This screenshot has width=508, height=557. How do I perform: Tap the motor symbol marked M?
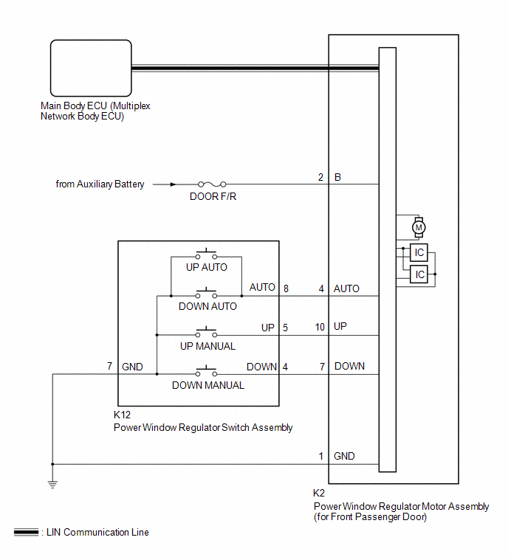pyautogui.click(x=419, y=227)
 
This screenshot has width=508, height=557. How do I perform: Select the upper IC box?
pyautogui.click(x=419, y=252)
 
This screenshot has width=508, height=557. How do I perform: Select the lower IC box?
pyautogui.click(x=419, y=274)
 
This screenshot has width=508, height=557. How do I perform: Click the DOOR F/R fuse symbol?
pyautogui.click(x=212, y=184)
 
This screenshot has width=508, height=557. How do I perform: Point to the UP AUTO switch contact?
pyautogui.click(x=206, y=255)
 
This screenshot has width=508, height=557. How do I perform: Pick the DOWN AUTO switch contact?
pyautogui.click(x=206, y=294)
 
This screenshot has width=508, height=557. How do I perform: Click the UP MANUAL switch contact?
pyautogui.click(x=206, y=333)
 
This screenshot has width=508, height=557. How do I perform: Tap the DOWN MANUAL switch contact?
pyautogui.click(x=206, y=372)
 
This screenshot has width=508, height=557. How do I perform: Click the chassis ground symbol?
pyautogui.click(x=52, y=485)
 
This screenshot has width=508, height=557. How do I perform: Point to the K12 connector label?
pyautogui.click(x=122, y=415)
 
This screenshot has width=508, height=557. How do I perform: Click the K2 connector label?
pyautogui.click(x=319, y=493)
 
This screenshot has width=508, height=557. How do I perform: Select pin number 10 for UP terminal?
pyautogui.click(x=320, y=327)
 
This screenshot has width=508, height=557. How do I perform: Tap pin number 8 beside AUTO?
pyautogui.click(x=286, y=288)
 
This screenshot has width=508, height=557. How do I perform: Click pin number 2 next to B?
pyautogui.click(x=320, y=177)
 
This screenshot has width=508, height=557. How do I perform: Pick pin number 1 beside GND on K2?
pyautogui.click(x=321, y=456)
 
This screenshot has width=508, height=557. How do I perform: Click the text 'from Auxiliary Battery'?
pyautogui.click(x=100, y=184)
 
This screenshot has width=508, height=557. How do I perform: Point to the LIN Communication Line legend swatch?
pyautogui.click(x=26, y=532)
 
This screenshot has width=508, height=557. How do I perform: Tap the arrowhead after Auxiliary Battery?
pyautogui.click(x=173, y=184)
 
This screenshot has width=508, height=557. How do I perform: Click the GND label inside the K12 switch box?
pyautogui.click(x=132, y=367)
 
